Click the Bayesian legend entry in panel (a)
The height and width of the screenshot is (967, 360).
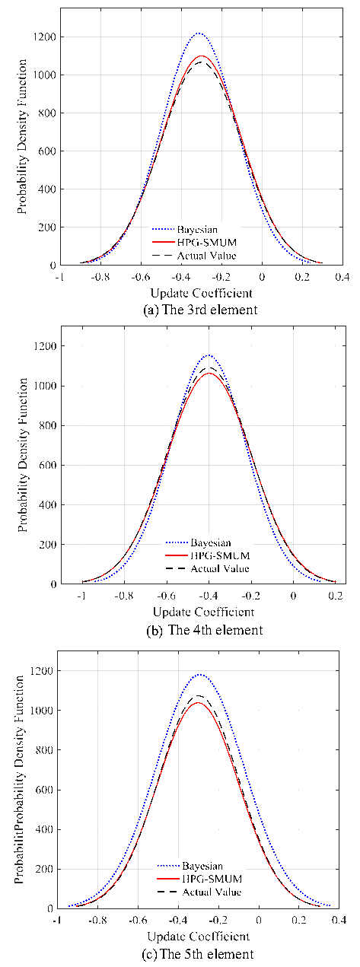click(x=184, y=230)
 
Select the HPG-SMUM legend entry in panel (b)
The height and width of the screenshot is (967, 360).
click(x=208, y=555)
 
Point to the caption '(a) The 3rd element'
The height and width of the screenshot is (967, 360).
click(x=200, y=310)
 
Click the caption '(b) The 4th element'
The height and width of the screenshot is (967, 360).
click(x=205, y=630)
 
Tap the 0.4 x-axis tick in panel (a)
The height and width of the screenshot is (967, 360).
click(x=342, y=276)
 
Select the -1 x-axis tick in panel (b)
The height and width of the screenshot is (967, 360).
click(x=81, y=596)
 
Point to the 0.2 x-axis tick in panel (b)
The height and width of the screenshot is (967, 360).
click(x=336, y=596)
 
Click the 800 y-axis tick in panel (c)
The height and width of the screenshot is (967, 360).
click(x=43, y=750)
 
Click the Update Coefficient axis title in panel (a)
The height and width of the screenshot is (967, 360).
click(x=201, y=293)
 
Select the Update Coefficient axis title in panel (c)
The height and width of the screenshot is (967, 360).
click(x=199, y=937)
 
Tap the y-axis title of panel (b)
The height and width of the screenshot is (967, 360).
click(x=23, y=455)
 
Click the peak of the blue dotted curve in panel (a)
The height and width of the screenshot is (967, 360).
click(x=199, y=33)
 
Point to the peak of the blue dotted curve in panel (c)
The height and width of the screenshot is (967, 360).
click(x=200, y=674)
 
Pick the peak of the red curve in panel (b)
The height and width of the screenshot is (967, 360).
click(x=209, y=373)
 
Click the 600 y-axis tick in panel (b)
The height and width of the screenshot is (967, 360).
click(x=48, y=466)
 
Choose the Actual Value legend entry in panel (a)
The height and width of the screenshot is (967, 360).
click(x=194, y=256)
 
